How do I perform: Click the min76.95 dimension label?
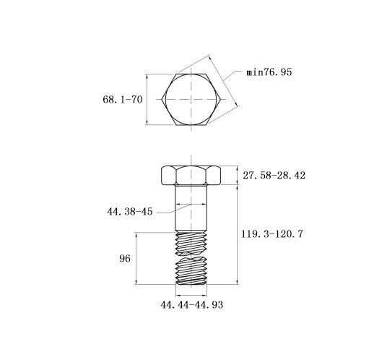point(269,72)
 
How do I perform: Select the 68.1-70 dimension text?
point(123,99)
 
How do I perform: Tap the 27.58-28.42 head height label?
point(274,176)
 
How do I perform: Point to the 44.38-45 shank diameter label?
point(130,212)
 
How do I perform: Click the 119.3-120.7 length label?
point(272,233)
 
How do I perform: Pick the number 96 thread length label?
point(125,259)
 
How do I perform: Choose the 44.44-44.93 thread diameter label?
point(192,305)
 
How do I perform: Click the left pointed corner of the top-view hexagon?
point(162,99)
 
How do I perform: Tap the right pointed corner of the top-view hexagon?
point(221,99)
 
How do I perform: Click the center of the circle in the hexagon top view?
point(191,99)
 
